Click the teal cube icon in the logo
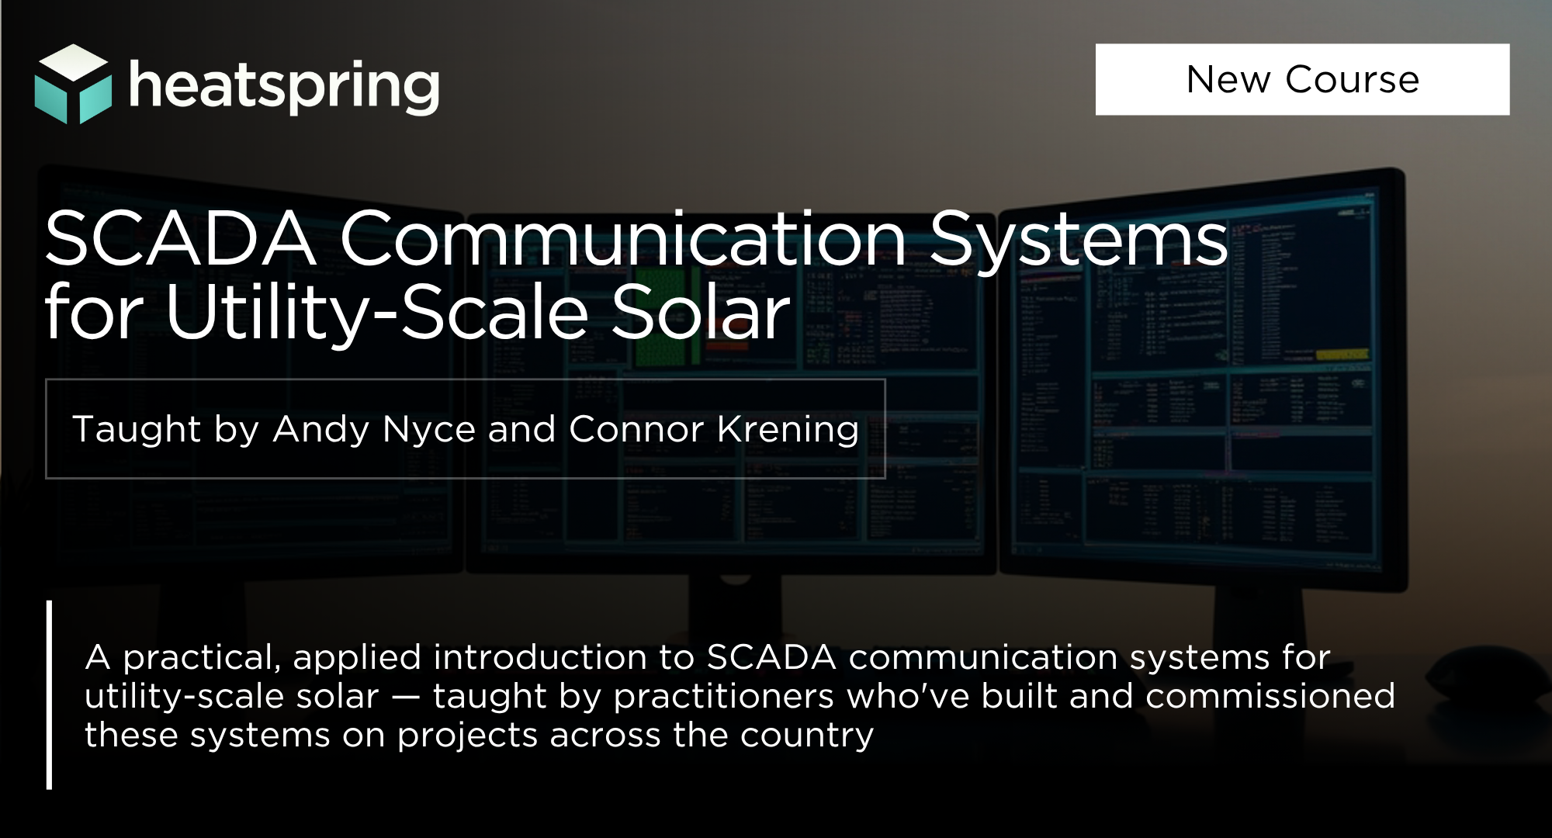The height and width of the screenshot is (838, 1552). [x=73, y=84]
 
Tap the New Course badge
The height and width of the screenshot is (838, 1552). [x=1302, y=79]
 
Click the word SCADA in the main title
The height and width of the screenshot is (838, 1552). [x=180, y=239]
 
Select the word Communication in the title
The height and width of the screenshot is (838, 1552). [x=623, y=238]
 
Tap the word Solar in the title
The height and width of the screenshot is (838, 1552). [x=701, y=312]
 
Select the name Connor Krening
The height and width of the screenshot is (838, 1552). [x=714, y=429]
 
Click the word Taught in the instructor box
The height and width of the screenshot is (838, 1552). [x=137, y=430]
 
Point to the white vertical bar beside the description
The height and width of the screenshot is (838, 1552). [x=50, y=695]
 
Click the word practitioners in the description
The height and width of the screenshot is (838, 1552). [x=724, y=697]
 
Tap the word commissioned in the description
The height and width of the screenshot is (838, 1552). [x=1270, y=696]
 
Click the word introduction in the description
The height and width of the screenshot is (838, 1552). [x=540, y=658]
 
